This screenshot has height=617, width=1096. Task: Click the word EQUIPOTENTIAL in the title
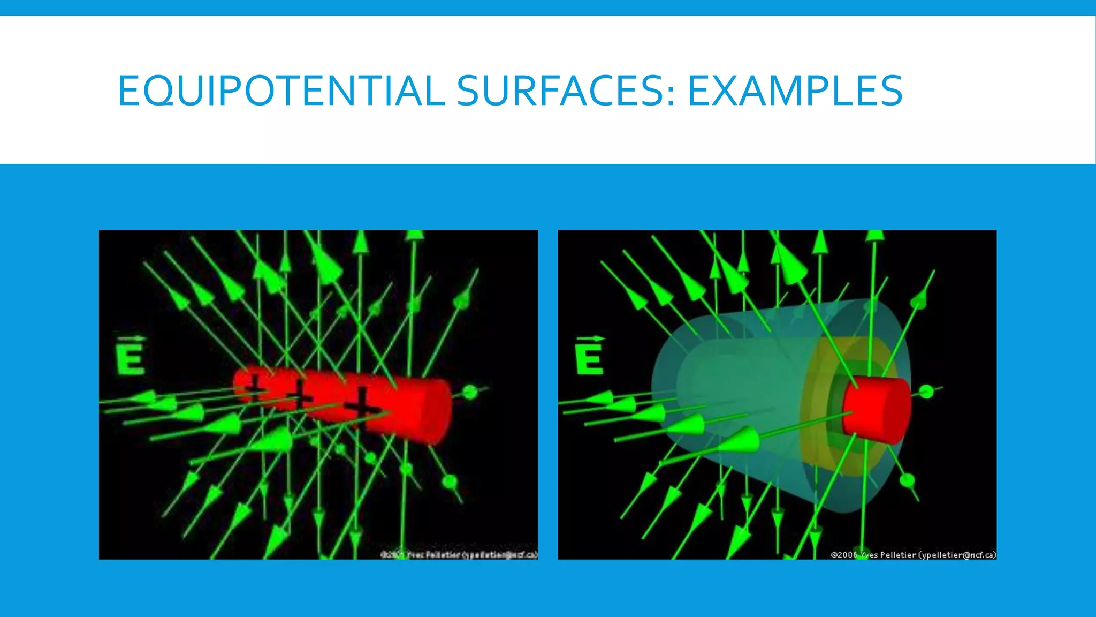coord(281,91)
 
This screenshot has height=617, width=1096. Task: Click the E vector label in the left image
coord(130,356)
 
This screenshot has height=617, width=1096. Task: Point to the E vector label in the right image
coord(589,356)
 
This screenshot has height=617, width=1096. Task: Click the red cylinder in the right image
coord(877,410)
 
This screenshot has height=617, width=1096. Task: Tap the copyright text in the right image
coord(913,555)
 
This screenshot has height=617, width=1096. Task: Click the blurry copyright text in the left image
coord(459,555)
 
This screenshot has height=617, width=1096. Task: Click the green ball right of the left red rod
coord(470,392)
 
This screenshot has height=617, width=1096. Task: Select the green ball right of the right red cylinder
coord(926,392)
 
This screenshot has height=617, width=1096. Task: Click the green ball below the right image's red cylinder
coord(907,480)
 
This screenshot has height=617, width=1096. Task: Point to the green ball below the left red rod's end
coord(450,481)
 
